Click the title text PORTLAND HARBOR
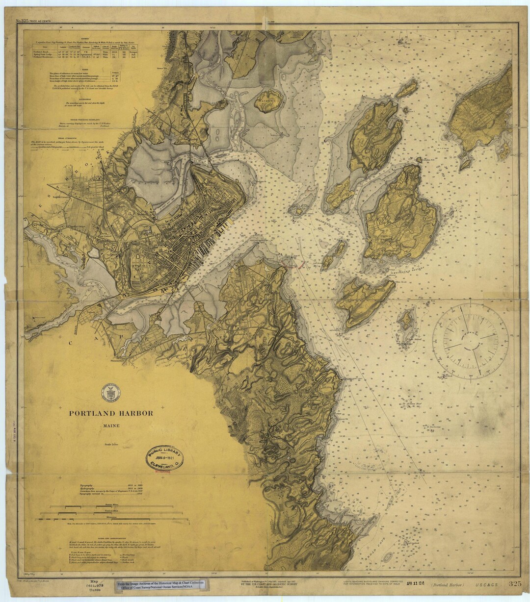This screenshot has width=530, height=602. pos(110,413)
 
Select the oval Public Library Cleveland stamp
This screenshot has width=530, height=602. pos(164,458)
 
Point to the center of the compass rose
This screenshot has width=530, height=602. pos(470,341)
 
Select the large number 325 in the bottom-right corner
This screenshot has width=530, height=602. pos(515,583)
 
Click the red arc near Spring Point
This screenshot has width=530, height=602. pos(298,265)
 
